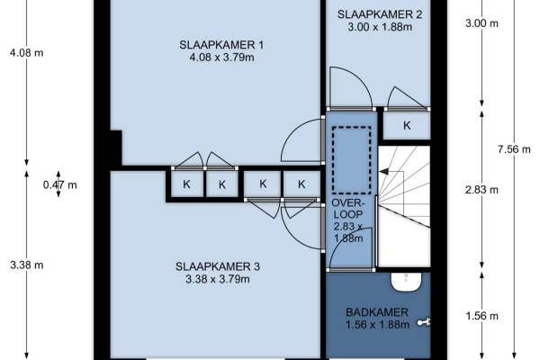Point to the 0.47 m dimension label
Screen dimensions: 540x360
tap(60, 185)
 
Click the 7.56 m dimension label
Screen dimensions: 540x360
tap(514, 149)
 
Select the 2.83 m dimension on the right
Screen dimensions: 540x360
tap(481, 190)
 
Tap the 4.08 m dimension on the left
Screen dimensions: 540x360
tap(27, 53)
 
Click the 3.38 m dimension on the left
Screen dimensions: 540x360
tap(27, 265)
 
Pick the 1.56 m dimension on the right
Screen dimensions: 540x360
tap(481, 316)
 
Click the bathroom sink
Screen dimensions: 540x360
tap(407, 282)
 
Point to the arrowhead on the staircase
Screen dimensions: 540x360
tap(383, 171)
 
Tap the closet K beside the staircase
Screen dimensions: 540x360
tap(407, 125)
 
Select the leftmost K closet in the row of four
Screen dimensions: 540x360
tap(187, 184)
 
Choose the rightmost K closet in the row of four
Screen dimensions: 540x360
tap(301, 184)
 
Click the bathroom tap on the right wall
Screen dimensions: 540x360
tap(424, 322)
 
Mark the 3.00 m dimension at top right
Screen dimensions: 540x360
tap(481, 23)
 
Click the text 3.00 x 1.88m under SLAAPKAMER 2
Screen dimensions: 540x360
tap(380, 27)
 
